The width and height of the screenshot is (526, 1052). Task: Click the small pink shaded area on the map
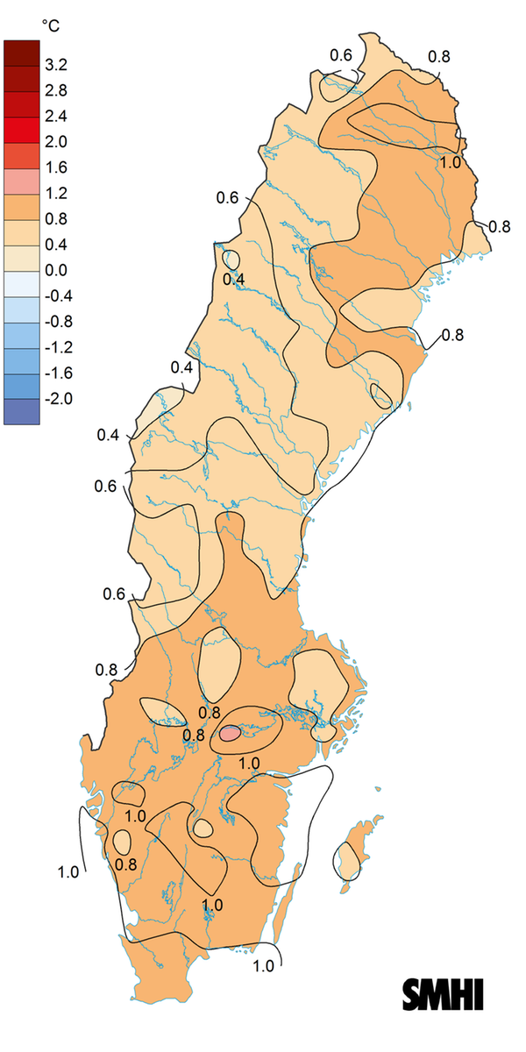coord(230,733)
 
